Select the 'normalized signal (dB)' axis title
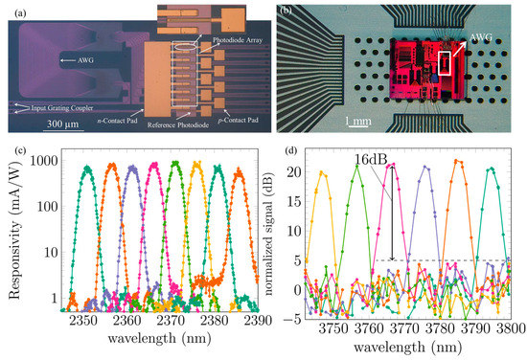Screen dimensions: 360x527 click(x=290, y=237)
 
